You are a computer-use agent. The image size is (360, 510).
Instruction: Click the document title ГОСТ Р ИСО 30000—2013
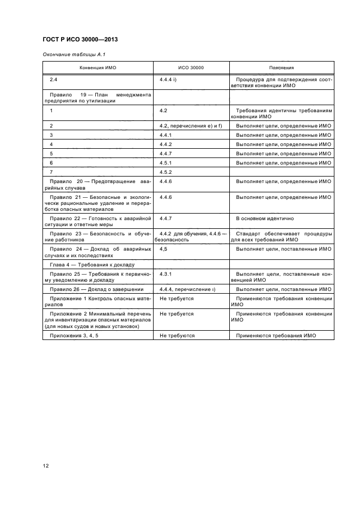pyautogui.click(x=80, y=40)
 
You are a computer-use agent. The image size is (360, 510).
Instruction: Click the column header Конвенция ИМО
pyautogui.click(x=98, y=68)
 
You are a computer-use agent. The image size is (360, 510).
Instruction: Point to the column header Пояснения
pyautogui.click(x=281, y=68)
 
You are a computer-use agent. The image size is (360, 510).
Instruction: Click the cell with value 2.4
pyautogui.click(x=53, y=80)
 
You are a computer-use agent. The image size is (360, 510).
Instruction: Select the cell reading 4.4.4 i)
pyautogui.click(x=171, y=80)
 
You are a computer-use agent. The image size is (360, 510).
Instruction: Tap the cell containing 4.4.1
pyautogui.click(x=166, y=135)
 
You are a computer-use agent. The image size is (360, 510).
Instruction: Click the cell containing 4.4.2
pyautogui.click(x=166, y=144)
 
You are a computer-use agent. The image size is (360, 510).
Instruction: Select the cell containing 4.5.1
pyautogui.click(x=166, y=162)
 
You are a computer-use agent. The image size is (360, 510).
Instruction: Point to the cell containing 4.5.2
pyautogui.click(x=166, y=172)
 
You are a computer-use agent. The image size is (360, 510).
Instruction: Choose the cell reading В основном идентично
pyautogui.click(x=265, y=218)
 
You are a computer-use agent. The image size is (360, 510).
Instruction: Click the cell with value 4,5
pyautogui.click(x=163, y=248)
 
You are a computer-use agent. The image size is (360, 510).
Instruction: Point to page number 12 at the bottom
pyautogui.click(x=46, y=465)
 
